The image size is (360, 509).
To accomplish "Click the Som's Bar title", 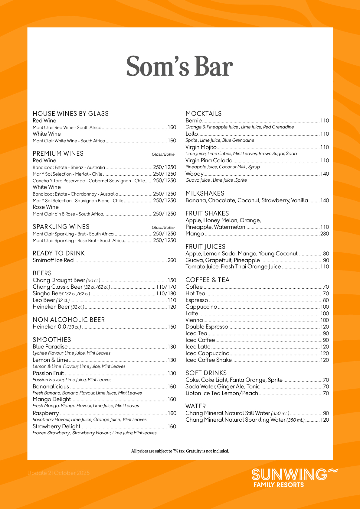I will point(180,66).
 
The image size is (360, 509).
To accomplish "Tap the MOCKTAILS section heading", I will point(203,114).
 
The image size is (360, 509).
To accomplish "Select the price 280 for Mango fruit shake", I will point(324,234).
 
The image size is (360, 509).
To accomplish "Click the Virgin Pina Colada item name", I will point(209,160).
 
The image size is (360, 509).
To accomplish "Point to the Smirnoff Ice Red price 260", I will point(172,260).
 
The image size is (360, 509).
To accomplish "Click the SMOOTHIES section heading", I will point(52,340).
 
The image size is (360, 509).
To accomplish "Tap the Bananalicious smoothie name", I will point(51,387).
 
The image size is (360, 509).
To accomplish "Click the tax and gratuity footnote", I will point(180,451).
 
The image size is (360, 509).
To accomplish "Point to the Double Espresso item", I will point(207,327).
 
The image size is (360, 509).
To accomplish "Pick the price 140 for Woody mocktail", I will point(324,174).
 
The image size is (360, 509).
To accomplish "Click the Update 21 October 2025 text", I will point(58,473).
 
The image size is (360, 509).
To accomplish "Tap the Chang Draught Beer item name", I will point(59,280).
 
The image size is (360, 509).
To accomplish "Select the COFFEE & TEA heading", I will point(207,280).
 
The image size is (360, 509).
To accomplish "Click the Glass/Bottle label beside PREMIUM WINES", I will point(163,154).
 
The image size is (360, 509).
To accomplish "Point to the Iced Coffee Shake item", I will point(208,360).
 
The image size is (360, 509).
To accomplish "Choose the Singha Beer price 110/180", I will point(166,293).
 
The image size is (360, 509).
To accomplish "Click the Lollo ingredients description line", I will point(220,140).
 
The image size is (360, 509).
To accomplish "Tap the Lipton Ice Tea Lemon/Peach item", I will point(221,393).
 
